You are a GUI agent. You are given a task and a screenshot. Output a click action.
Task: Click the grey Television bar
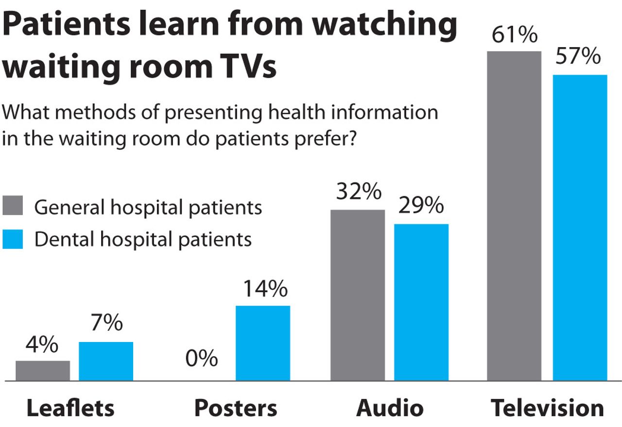coord(514,216)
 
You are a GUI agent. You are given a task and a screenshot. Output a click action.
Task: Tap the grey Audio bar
coord(358,295)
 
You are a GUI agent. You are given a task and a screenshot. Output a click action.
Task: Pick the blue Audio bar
coord(421,302)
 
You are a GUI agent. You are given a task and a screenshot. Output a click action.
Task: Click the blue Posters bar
coord(263,343)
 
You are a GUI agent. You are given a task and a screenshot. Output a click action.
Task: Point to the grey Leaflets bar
coord(43,370)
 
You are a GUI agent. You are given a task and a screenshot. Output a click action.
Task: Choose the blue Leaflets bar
coord(106,361)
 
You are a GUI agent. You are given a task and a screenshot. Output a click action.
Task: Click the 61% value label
coord(514,35)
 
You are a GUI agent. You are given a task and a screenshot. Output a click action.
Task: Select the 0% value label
coord(201,359)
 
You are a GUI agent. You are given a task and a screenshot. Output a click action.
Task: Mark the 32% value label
coord(358,192)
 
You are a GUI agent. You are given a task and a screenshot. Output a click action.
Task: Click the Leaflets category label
coord(70,408)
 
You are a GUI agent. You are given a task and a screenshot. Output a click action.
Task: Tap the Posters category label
coord(236,408)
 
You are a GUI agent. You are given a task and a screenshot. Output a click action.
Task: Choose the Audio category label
coord(390,408)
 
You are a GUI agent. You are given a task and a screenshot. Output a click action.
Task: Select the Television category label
coord(547,408)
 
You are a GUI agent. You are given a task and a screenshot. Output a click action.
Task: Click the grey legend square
coord(13,206)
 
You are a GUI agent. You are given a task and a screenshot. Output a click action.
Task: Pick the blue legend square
coord(13,239)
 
